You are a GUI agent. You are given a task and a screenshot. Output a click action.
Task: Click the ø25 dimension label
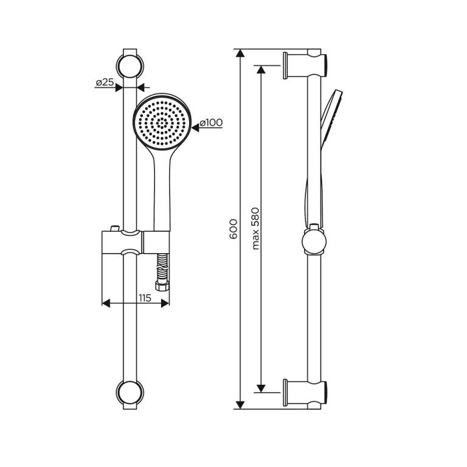105,82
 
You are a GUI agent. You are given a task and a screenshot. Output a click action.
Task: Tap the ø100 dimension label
211,122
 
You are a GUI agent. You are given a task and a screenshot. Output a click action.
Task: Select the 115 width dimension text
145,298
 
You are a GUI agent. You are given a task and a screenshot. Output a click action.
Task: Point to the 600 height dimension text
233,229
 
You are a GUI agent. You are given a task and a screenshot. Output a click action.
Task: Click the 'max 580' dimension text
255,229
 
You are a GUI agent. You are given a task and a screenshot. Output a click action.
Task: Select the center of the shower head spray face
162,122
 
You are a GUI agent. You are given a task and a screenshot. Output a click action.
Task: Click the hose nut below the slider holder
162,286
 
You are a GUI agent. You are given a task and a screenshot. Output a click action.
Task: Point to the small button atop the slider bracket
114,228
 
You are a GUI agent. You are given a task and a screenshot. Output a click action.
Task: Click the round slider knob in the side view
314,240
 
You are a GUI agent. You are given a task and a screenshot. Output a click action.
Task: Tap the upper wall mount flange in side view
285,66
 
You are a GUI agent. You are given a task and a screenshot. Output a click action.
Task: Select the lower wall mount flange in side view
285,393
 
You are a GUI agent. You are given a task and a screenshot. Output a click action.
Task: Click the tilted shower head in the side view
331,119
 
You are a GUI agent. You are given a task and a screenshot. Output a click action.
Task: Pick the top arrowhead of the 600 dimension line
240,53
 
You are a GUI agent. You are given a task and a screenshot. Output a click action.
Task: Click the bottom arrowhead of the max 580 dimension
261,389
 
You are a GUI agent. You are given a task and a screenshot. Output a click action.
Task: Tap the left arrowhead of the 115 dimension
106,303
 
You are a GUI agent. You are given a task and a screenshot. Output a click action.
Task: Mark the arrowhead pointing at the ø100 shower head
195,128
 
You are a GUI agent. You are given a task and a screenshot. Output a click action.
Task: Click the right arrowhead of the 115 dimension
165,303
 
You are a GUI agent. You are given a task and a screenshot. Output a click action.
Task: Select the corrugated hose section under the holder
162,268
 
